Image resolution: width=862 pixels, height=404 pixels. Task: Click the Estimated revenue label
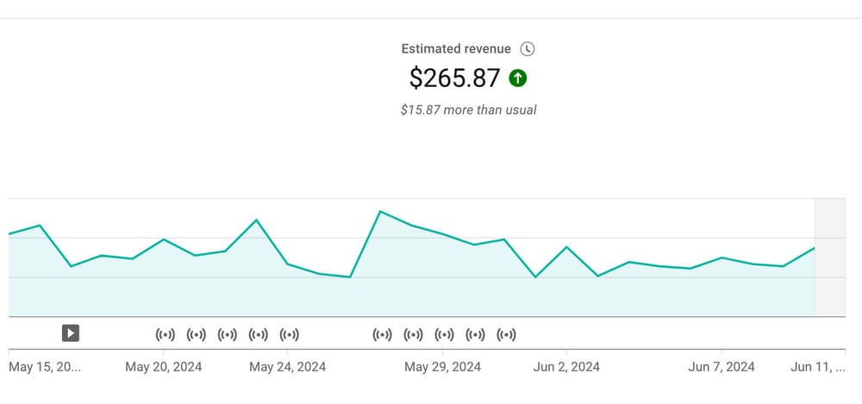(456, 49)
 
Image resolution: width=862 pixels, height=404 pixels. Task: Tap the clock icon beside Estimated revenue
(528, 49)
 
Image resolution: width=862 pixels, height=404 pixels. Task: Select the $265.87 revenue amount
(454, 78)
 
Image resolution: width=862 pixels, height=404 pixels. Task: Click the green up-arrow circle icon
(518, 78)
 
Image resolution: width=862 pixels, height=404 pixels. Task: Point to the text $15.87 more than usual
(468, 110)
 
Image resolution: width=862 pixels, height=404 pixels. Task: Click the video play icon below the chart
(71, 333)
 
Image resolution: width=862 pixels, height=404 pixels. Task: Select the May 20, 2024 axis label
(164, 367)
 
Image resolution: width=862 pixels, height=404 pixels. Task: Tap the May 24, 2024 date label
(288, 367)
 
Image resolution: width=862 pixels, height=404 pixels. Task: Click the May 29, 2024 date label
(443, 367)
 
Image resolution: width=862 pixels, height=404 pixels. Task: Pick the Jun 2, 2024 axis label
(567, 367)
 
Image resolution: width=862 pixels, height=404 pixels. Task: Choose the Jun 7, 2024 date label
(721, 367)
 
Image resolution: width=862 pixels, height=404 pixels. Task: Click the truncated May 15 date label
(44, 367)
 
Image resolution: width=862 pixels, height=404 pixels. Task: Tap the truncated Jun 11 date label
(818, 367)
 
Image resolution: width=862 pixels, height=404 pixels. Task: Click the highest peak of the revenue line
(380, 211)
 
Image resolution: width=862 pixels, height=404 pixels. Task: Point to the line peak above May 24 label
(256, 220)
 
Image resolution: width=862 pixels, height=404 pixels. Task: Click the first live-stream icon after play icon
(165, 334)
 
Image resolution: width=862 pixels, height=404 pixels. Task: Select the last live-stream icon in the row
(506, 334)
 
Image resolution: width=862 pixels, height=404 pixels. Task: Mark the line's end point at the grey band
(815, 248)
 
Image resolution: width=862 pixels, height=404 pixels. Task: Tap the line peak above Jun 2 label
(566, 247)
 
